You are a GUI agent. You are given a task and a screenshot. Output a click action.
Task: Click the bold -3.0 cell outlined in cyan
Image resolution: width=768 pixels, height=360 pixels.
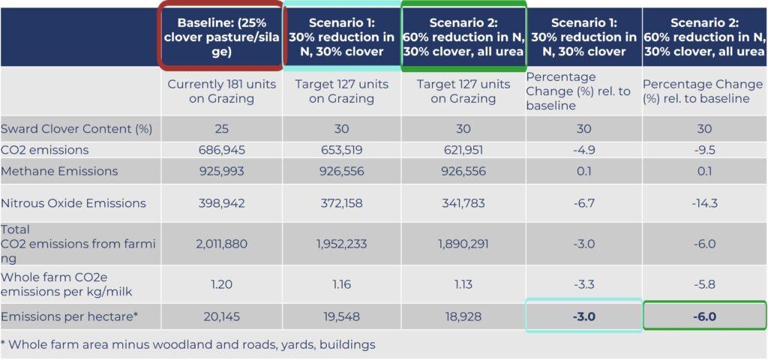click(583, 316)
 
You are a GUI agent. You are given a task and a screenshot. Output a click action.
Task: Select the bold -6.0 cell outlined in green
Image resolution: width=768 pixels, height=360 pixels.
click(704, 316)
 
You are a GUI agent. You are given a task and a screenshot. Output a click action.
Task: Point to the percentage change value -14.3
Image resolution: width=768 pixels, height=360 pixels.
click(704, 203)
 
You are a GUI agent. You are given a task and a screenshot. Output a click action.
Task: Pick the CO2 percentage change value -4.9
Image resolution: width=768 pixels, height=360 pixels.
click(583, 150)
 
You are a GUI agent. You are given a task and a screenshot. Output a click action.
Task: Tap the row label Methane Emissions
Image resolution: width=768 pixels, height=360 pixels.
click(60, 171)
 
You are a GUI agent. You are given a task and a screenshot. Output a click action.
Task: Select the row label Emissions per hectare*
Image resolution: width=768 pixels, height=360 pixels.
click(70, 316)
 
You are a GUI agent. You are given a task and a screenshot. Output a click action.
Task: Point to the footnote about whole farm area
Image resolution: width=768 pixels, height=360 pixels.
click(187, 345)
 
